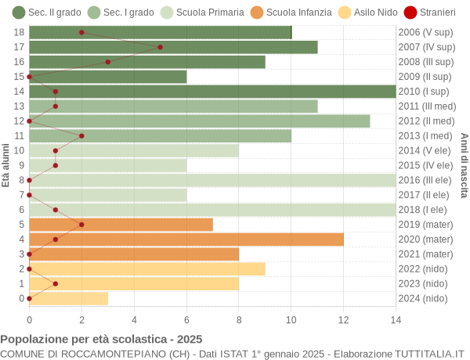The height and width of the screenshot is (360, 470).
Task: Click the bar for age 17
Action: point(173,47)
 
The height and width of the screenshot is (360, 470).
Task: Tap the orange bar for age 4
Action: point(186,239)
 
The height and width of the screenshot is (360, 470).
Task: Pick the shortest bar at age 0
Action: point(68,298)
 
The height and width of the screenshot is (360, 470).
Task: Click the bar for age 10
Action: point(134,150)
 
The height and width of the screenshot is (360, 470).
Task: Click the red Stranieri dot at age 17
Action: point(160,47)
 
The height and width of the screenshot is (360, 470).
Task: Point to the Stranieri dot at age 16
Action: point(107,62)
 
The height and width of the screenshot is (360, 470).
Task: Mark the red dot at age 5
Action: point(81,225)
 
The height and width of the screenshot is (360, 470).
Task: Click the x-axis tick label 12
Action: point(343,319)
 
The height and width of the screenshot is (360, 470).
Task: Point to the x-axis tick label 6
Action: point(186,319)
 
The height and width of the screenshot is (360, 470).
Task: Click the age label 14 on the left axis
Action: point(20,92)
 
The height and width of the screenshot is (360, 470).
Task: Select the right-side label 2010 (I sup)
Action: point(425,92)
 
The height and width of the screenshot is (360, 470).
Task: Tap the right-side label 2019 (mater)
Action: point(425,225)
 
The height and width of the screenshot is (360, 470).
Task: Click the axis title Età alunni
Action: point(6,165)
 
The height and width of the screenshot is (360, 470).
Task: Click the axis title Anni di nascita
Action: point(464,165)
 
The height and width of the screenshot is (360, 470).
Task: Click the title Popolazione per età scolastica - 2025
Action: point(101,340)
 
